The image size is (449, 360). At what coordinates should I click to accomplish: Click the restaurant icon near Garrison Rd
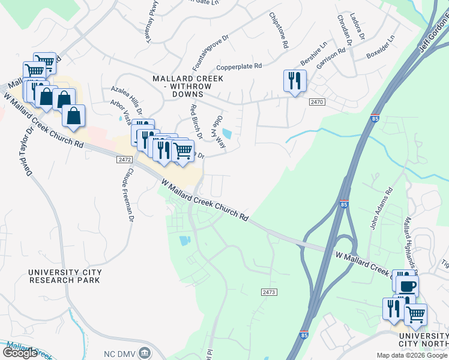295,81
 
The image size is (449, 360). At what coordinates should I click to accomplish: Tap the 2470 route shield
318,103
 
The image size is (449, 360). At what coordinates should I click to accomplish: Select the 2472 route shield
124,160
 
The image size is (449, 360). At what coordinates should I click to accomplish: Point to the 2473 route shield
269,292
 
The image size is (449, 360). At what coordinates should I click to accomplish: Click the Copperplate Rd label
240,66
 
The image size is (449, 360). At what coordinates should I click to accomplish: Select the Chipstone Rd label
279,29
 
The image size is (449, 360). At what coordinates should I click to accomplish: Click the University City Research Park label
65,276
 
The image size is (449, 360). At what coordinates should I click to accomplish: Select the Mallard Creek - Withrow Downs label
188,86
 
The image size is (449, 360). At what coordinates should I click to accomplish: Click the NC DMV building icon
144,352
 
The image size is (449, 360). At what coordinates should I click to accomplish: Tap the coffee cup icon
407,286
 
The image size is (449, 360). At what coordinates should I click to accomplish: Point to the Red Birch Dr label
195,121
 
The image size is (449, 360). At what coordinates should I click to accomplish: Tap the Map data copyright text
412,355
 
